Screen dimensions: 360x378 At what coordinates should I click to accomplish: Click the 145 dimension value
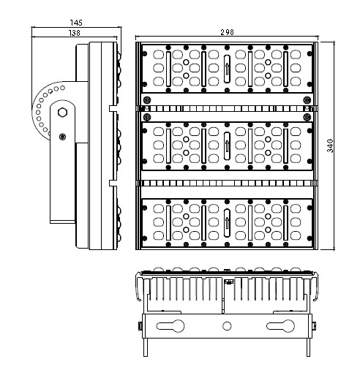[x=76, y=23]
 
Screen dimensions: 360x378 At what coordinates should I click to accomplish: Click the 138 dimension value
[x=75, y=33]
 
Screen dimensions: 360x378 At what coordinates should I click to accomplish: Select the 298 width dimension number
[x=227, y=32]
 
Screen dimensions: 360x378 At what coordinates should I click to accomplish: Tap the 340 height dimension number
[x=330, y=145]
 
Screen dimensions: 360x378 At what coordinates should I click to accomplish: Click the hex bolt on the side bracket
[x=63, y=113]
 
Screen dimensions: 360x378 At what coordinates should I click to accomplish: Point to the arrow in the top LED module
[x=227, y=69]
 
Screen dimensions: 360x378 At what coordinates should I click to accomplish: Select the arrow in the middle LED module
[x=227, y=145]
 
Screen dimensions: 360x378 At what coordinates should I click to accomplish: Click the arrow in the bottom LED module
[x=227, y=223]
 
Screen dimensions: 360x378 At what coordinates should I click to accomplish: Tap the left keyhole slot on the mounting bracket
[x=170, y=326]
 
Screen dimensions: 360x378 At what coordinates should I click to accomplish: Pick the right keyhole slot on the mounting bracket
[x=280, y=326]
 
